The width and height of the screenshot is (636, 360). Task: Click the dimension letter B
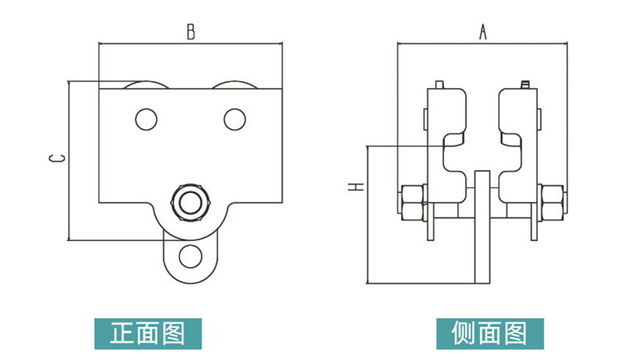click(x=191, y=32)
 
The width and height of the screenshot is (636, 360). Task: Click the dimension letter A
click(x=482, y=32)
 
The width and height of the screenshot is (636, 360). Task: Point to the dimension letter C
click(x=57, y=158)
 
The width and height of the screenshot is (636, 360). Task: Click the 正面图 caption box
click(x=148, y=334)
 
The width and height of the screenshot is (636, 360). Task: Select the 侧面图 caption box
click(x=490, y=334)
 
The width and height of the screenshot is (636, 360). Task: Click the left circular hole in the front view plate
click(x=146, y=120)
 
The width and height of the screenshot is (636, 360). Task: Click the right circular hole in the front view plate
click(x=235, y=120)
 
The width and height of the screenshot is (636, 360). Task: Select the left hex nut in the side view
click(x=413, y=202)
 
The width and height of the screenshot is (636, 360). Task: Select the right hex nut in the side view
click(x=552, y=202)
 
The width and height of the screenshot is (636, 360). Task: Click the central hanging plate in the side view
click(x=482, y=227)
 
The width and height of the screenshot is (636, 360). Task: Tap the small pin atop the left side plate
click(x=440, y=85)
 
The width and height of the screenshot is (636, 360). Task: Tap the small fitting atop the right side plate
click(x=525, y=85)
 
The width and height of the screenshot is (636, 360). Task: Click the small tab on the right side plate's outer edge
click(x=539, y=120)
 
